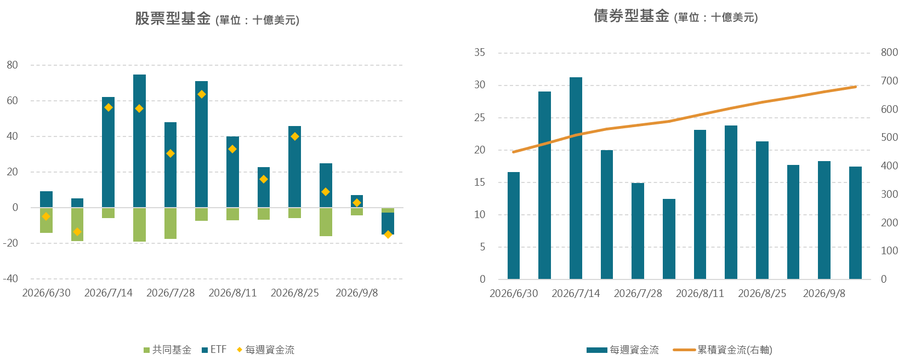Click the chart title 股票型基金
tap(173, 19)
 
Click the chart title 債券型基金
tap(631, 16)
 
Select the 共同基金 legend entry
tap(168, 350)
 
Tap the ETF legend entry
tap(214, 350)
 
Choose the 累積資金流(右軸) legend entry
tap(723, 350)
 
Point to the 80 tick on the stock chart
tap(12, 65)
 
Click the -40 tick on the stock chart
tap(10, 278)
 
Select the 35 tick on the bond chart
tap(480, 53)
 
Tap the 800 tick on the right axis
tap(889, 53)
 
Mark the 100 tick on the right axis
tap(889, 250)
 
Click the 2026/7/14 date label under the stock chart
tap(108, 293)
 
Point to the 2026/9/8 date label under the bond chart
tap(824, 293)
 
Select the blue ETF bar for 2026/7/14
tap(108, 152)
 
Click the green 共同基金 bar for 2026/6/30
tap(46, 220)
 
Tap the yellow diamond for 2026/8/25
tap(294, 136)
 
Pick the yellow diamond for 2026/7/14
tap(108, 107)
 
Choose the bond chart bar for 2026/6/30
tap(513, 226)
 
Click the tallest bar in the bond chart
tap(576, 178)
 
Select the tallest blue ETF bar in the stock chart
tap(139, 141)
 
